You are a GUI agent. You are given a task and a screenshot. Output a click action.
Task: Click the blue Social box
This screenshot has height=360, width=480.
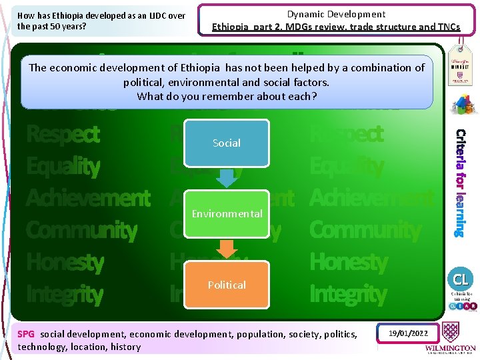[x=227, y=143]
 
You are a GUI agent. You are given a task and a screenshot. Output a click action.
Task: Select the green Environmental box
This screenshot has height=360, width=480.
[x=227, y=214]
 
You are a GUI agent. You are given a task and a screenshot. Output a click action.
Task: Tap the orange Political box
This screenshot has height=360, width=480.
[x=227, y=285]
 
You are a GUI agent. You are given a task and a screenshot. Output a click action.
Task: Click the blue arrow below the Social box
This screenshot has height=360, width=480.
[x=227, y=177]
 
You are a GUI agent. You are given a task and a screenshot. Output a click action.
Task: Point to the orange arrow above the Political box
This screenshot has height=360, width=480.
[x=227, y=249]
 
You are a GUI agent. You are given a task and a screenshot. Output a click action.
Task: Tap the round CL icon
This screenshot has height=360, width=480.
[x=461, y=279]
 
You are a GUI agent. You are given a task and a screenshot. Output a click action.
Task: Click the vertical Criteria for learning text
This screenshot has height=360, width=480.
[x=461, y=182]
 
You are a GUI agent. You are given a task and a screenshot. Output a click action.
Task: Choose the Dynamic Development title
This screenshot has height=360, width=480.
[x=336, y=14]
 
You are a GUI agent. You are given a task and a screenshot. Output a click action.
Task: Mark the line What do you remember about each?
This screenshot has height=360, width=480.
[x=227, y=96]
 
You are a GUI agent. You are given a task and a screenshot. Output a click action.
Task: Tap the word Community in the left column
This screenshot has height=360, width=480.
[x=81, y=231]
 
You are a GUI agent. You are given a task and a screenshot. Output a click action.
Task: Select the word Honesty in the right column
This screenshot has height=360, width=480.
[x=348, y=263]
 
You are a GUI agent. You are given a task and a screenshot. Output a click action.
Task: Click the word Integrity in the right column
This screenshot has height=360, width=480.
[x=348, y=294]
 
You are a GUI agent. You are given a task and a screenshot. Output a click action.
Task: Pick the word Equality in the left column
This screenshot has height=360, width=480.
[x=63, y=167]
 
